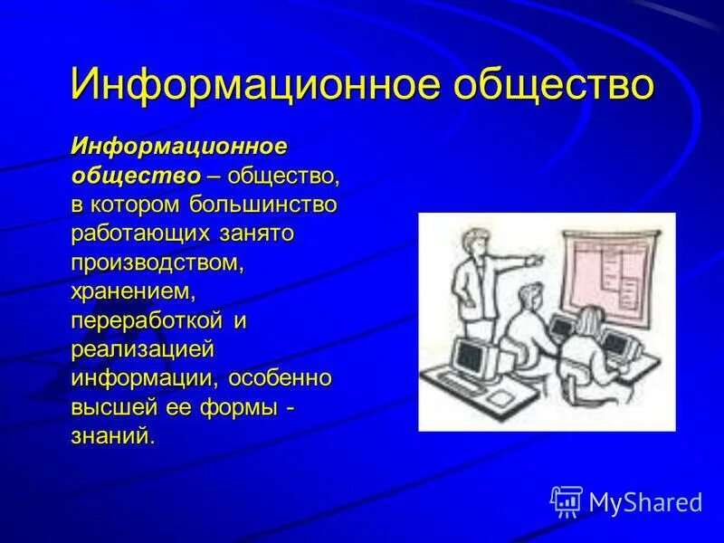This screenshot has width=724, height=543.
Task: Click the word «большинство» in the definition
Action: tap(262, 205)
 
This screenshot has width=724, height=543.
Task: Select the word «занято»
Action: tap(256, 234)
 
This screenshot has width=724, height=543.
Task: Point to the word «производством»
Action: tap(156, 263)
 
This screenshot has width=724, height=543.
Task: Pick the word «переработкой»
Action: tap(147, 321)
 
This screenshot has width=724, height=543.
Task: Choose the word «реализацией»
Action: tap(143, 350)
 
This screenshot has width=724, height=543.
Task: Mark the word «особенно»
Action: tap(280, 378)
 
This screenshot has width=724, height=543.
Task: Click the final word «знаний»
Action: tap(111, 436)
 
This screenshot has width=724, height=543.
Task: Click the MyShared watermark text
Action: tap(645, 502)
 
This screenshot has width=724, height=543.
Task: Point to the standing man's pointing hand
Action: tap(535, 260)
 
